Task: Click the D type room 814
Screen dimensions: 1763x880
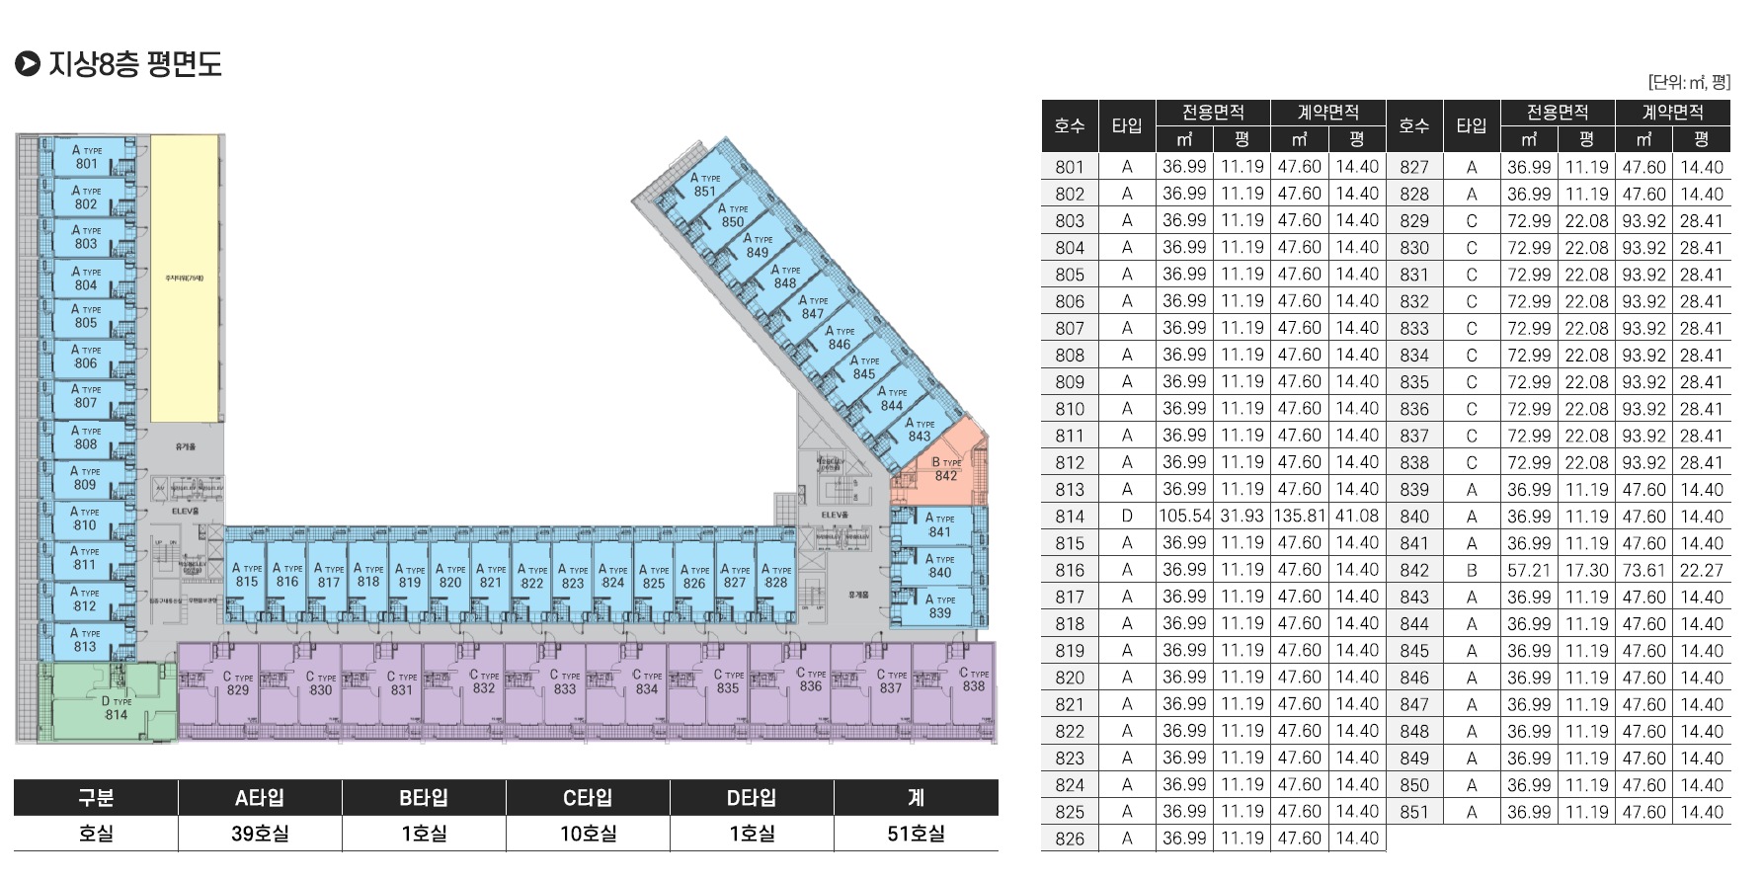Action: [115, 707]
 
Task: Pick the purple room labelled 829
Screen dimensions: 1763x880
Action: [237, 684]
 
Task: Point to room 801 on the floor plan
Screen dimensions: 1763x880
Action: [87, 158]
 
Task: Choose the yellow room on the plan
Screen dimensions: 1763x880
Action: [185, 279]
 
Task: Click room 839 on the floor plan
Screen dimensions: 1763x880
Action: [939, 607]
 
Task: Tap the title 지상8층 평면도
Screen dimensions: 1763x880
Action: [135, 64]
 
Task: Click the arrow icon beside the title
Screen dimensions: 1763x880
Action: [28, 64]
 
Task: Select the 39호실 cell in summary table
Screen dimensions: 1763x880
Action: [260, 834]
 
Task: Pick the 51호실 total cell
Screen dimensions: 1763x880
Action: [916, 834]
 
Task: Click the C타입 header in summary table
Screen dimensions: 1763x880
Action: [588, 798]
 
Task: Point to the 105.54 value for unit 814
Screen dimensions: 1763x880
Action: [1185, 516]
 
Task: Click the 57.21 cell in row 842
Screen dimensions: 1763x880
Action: [1529, 570]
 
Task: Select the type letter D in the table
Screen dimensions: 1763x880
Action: [1127, 516]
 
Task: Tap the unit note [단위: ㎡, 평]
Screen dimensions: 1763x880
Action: [1689, 82]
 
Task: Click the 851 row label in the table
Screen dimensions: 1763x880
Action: [1414, 812]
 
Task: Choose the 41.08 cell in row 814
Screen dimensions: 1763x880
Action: [1357, 516]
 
